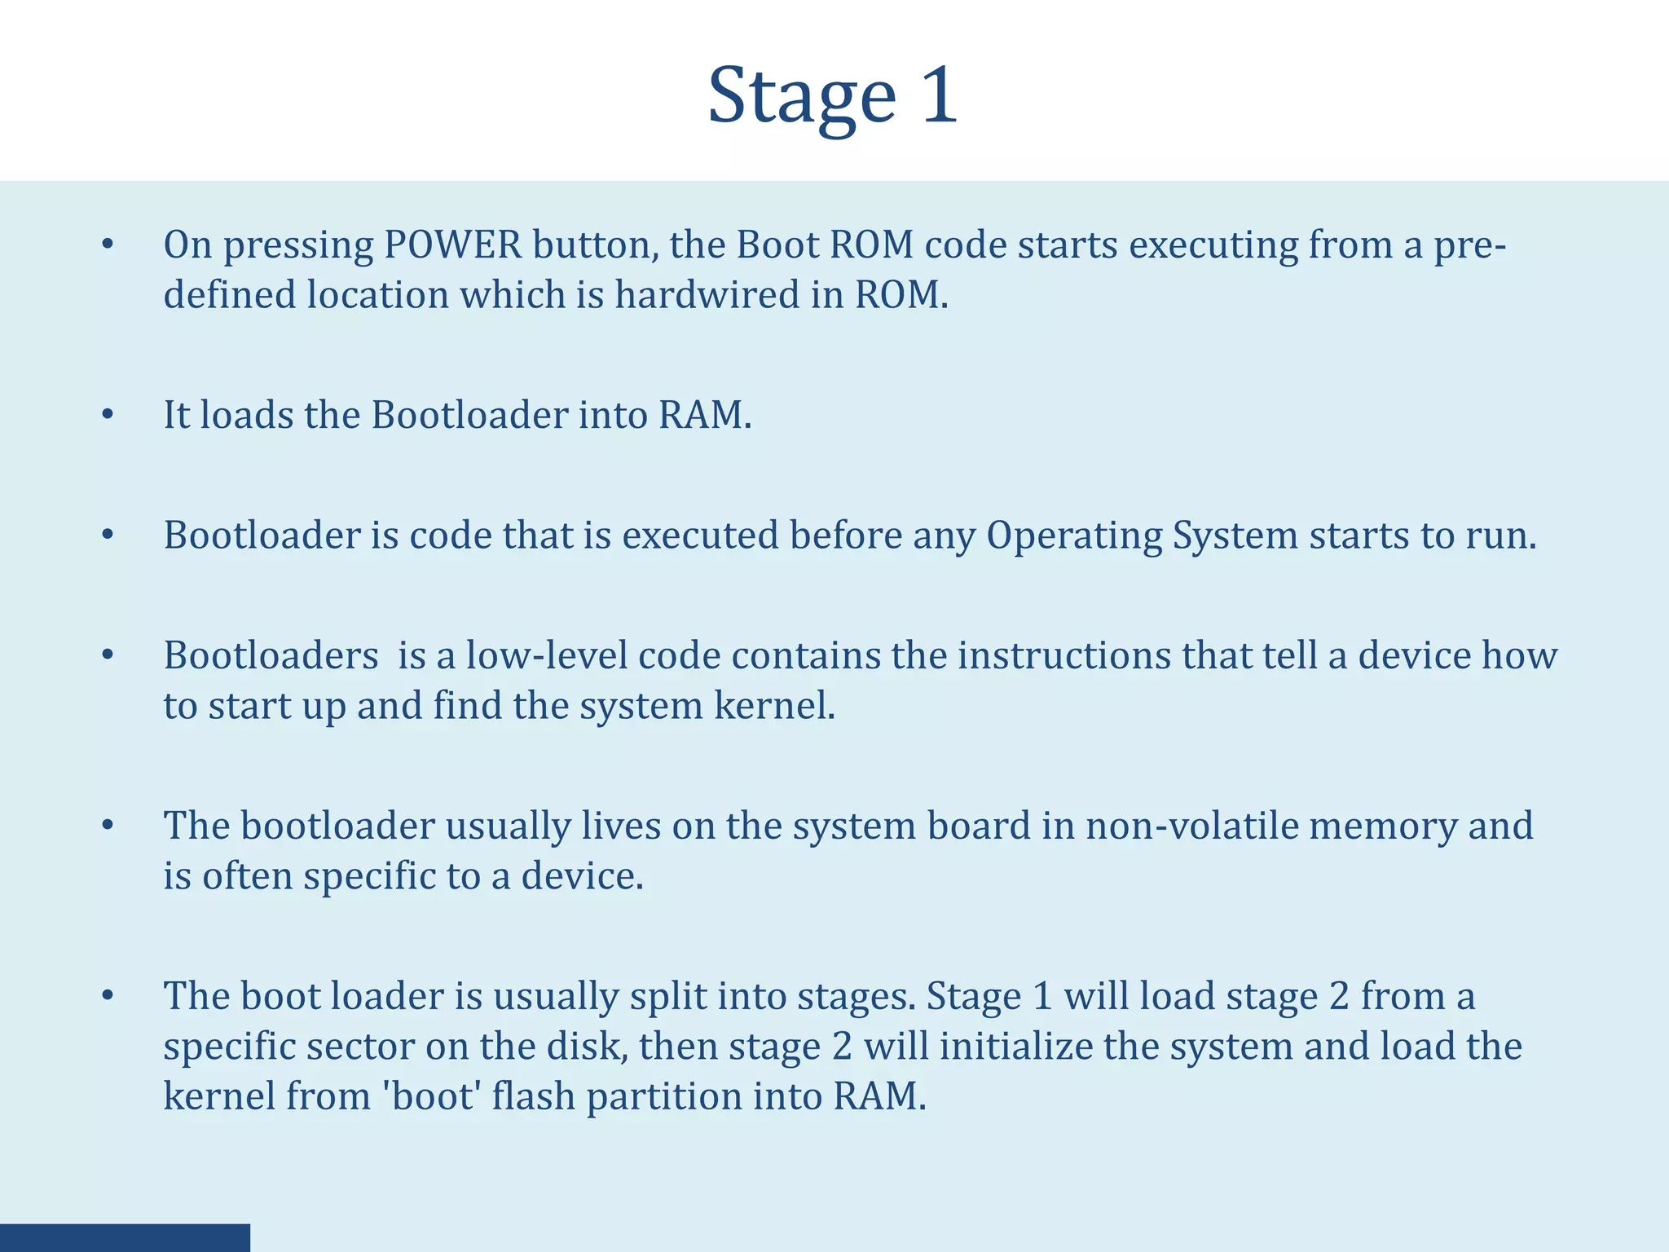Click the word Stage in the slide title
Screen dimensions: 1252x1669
pos(802,96)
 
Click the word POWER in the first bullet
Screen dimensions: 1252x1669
pos(452,245)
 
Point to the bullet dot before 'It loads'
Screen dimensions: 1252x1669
pos(108,415)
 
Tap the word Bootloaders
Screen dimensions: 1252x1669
pos(271,655)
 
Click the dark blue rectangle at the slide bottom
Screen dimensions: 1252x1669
pos(125,1237)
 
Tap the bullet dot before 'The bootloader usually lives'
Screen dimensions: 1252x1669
pos(108,826)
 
